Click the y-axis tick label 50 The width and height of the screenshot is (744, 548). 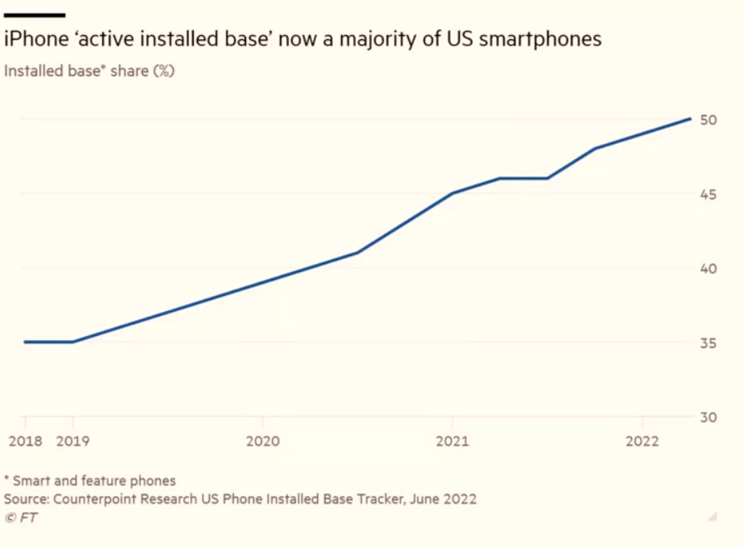pyautogui.click(x=709, y=120)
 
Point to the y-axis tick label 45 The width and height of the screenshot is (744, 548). pyautogui.click(x=709, y=194)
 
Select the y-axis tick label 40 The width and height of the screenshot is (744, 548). pyautogui.click(x=709, y=268)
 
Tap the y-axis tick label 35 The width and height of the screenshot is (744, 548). pyautogui.click(x=709, y=343)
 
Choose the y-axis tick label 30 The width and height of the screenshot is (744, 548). pyautogui.click(x=709, y=416)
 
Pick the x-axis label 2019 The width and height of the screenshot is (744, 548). pyautogui.click(x=73, y=441)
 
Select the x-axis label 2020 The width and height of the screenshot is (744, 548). pyautogui.click(x=262, y=441)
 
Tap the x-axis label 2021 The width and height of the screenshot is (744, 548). pyautogui.click(x=452, y=441)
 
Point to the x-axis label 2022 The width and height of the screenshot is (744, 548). pyautogui.click(x=643, y=441)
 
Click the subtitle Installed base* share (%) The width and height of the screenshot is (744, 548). pyautogui.click(x=89, y=70)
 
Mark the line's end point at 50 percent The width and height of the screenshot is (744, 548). pyautogui.click(x=691, y=119)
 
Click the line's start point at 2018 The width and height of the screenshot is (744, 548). pyautogui.click(x=25, y=341)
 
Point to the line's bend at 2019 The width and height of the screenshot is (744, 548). pyautogui.click(x=73, y=341)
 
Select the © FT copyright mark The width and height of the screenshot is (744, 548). pyautogui.click(x=21, y=518)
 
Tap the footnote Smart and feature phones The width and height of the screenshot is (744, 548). pyautogui.click(x=93, y=480)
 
